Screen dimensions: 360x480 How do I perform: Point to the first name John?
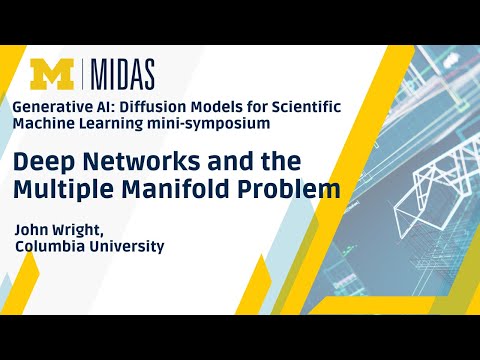pyautogui.click(x=32, y=227)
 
